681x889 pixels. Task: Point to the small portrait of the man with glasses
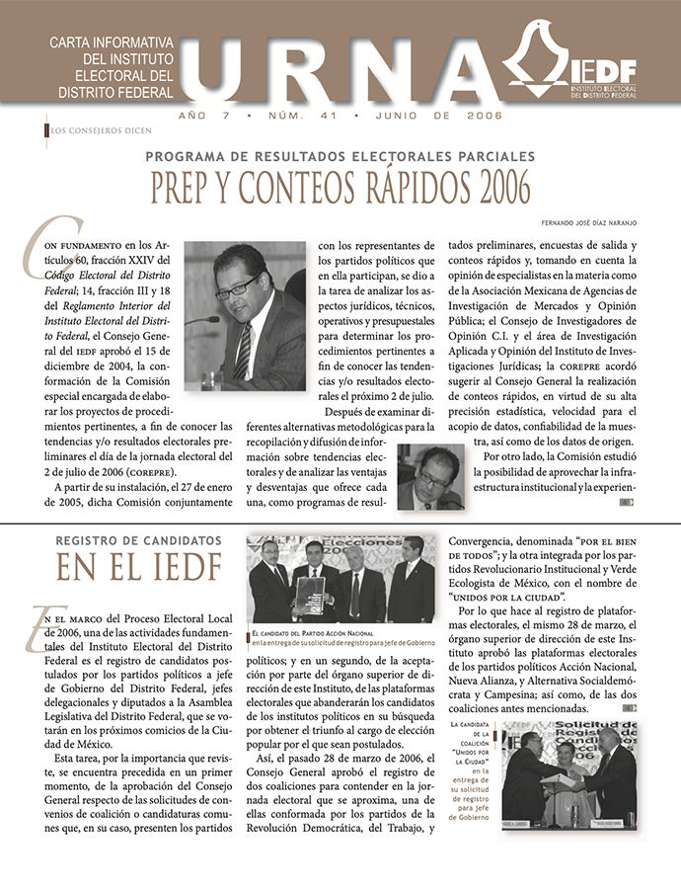point(430,477)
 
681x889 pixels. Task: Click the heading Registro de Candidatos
point(138,541)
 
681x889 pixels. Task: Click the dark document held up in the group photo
point(311,595)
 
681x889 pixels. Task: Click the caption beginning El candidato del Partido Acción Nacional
point(341,637)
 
